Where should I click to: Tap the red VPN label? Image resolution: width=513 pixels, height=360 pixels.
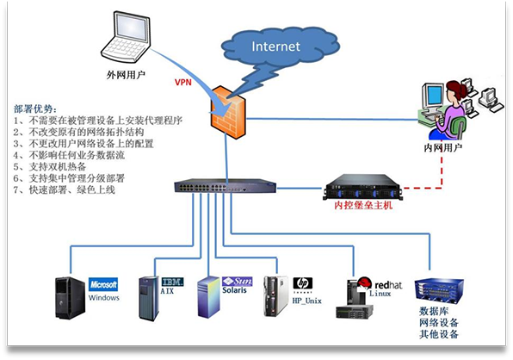click(182, 84)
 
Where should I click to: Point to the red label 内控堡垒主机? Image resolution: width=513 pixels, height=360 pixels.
click(362, 206)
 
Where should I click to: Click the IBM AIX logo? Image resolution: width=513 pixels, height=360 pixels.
click(173, 283)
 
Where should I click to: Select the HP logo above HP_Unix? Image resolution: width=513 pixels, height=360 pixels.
click(302, 282)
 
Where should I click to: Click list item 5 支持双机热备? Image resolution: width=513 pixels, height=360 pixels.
click(56, 166)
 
